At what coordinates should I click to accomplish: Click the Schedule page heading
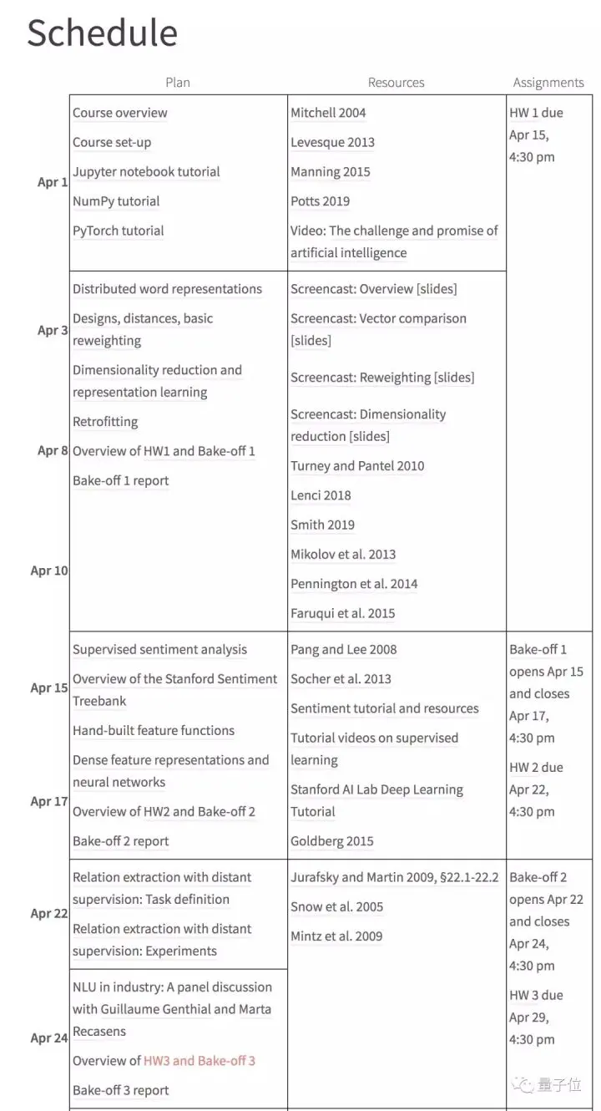coord(102,33)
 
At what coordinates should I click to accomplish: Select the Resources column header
coord(396,83)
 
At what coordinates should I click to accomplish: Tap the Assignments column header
coord(548,83)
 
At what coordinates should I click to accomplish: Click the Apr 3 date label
coord(53,330)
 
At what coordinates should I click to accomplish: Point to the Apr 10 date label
coord(49,571)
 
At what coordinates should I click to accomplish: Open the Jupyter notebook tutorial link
coord(146,172)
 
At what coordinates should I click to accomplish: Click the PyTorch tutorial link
coord(118,231)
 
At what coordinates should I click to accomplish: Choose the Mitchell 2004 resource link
coord(328,113)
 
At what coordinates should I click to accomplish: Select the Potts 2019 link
coord(320,201)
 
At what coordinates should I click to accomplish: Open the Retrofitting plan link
coord(105,422)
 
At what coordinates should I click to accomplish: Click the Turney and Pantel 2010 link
coord(357,466)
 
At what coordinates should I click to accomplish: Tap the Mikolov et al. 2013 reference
coord(343,555)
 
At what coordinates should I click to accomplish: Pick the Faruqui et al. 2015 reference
coord(342,613)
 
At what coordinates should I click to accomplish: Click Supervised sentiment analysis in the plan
coord(159,650)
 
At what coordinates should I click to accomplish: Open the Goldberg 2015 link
coord(331,841)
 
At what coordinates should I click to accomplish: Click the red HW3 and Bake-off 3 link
coord(199,1061)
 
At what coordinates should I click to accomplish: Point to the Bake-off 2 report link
coord(120,841)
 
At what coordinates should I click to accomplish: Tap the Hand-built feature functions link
coord(154,731)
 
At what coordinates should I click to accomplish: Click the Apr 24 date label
coord(49,1038)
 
